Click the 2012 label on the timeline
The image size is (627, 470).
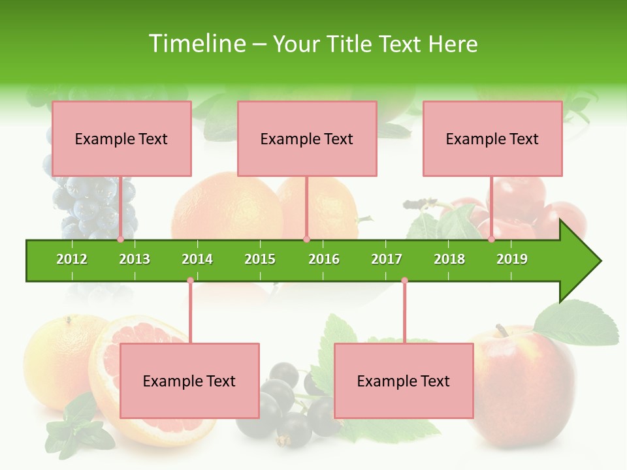point(72,259)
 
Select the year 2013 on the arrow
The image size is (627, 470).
point(135,259)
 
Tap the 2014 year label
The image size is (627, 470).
point(197,259)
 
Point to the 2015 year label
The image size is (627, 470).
point(260,259)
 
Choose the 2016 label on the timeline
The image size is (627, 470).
point(324,259)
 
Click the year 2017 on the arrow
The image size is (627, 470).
point(387,259)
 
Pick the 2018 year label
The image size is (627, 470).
point(449,259)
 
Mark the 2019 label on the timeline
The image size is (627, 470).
point(512,259)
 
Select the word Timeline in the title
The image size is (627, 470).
point(196,44)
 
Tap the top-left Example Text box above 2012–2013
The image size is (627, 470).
point(121,139)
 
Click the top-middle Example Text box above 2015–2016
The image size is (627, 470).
point(307,139)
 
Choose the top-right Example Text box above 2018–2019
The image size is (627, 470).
point(492,139)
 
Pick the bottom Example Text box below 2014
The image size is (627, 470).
point(189,381)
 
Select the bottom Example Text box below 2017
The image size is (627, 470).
point(404,381)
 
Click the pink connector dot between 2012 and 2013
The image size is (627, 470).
point(121,240)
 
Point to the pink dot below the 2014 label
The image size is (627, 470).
point(190,281)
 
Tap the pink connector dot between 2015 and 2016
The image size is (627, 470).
point(306,240)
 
